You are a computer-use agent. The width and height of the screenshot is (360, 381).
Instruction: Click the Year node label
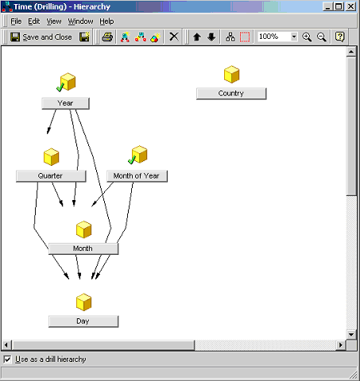pos(65,103)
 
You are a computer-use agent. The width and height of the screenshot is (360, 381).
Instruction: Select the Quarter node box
pos(51,176)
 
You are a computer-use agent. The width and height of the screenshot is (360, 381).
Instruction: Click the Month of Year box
pos(137,176)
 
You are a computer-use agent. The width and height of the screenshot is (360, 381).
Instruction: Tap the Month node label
pos(83,248)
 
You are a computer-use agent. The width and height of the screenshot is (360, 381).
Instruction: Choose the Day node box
pos(83,321)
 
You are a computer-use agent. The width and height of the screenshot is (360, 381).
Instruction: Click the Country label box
pos(231,94)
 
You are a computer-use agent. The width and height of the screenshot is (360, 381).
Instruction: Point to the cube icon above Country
pos(232,75)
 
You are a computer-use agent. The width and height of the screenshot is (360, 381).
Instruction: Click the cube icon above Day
pos(83,302)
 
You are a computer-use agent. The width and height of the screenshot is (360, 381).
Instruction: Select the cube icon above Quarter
pos(51,157)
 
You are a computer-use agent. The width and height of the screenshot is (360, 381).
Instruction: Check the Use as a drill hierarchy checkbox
pos(7,360)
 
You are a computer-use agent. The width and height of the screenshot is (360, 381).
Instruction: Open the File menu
pos(16,21)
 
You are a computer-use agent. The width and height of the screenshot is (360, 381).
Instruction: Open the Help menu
pos(106,21)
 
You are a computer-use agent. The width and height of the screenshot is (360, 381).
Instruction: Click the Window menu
pos(80,21)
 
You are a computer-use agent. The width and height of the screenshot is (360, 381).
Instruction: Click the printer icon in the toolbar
pos(107,37)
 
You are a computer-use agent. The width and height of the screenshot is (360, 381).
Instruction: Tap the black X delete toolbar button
pos(174,37)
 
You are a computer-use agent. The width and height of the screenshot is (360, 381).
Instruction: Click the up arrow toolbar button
pos(197,37)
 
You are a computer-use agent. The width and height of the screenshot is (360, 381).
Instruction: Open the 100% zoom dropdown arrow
pos(294,37)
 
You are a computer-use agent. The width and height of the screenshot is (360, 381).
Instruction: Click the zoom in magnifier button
pos(307,37)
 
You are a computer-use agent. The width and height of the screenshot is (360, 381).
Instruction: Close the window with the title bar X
pos(351,6)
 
